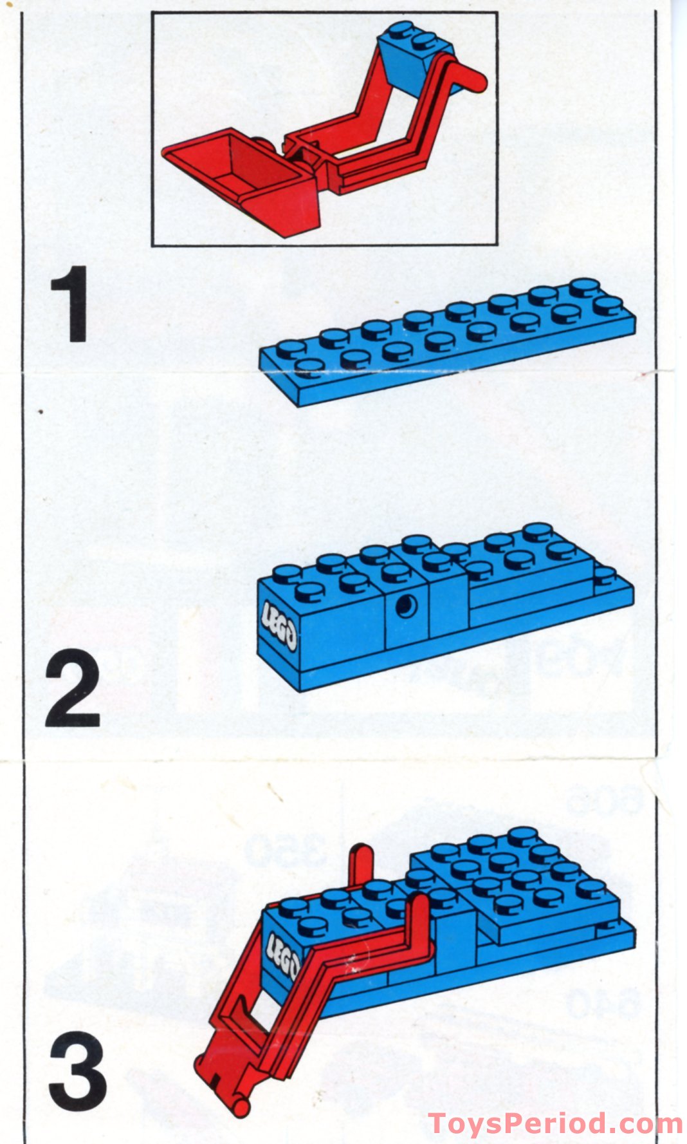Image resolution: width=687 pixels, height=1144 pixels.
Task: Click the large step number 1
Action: coord(71,304)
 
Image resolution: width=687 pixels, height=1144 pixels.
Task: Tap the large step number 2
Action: coord(72,688)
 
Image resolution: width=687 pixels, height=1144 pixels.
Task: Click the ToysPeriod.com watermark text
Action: coord(554,1123)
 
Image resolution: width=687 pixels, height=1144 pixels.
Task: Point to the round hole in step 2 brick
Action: coord(406,606)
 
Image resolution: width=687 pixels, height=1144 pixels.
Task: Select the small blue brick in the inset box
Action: coord(412,58)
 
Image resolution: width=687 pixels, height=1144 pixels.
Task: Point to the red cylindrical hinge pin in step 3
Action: coord(239,1106)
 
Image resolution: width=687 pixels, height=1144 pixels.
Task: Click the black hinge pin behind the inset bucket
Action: coord(261,143)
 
